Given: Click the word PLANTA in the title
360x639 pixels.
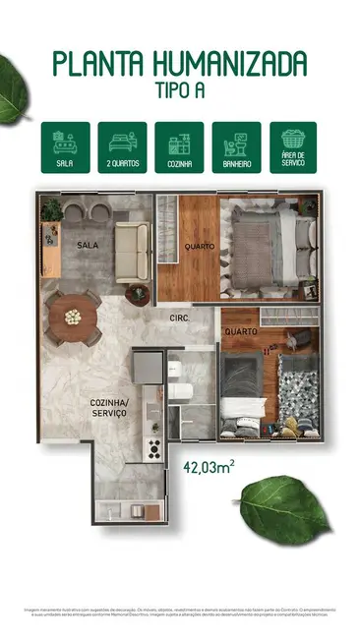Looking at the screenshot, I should (x=95, y=65).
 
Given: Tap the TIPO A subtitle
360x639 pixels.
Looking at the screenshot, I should (x=180, y=90).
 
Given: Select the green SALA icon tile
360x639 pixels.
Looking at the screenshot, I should (x=65, y=146).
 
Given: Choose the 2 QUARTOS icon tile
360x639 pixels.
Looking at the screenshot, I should (x=122, y=146).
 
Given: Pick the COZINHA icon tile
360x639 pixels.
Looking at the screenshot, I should (x=179, y=146).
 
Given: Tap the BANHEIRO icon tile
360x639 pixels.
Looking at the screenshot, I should (x=236, y=146).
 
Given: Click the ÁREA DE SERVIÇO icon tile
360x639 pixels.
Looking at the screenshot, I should (x=293, y=146).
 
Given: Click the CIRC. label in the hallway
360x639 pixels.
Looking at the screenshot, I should (x=179, y=318).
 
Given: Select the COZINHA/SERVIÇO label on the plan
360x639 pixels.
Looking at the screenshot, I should (x=109, y=408).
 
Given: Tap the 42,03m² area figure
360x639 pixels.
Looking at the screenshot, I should (x=208, y=468).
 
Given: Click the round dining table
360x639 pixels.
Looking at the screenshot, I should (x=72, y=318).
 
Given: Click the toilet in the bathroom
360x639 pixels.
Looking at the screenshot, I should (x=180, y=388).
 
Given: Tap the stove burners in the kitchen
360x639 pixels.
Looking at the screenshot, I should (x=153, y=448).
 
